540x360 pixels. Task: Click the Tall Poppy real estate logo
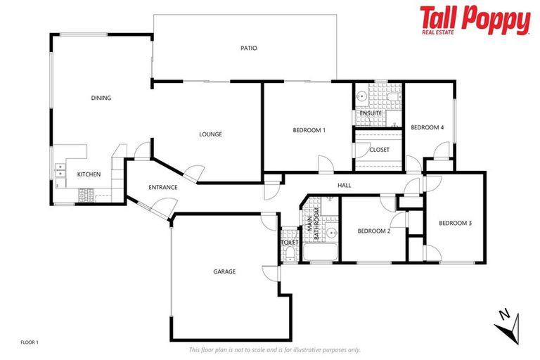tap(475, 20)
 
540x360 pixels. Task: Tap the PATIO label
tap(248, 49)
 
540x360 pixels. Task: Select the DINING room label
tap(101, 98)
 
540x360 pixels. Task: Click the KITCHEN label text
tap(89, 174)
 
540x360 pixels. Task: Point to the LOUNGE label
tap(210, 134)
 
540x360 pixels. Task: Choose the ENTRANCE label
tap(162, 188)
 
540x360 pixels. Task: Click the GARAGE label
tap(224, 271)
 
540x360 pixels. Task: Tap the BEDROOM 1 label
tap(309, 130)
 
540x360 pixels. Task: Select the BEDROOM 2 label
tap(373, 231)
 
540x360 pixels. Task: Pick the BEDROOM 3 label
tap(455, 224)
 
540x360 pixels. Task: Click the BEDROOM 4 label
tap(427, 127)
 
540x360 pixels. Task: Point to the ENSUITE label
tap(371, 113)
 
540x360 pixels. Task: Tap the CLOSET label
tap(379, 150)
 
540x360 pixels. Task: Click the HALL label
tap(344, 186)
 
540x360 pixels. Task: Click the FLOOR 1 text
tap(30, 342)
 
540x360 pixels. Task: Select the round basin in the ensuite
tap(361, 97)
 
